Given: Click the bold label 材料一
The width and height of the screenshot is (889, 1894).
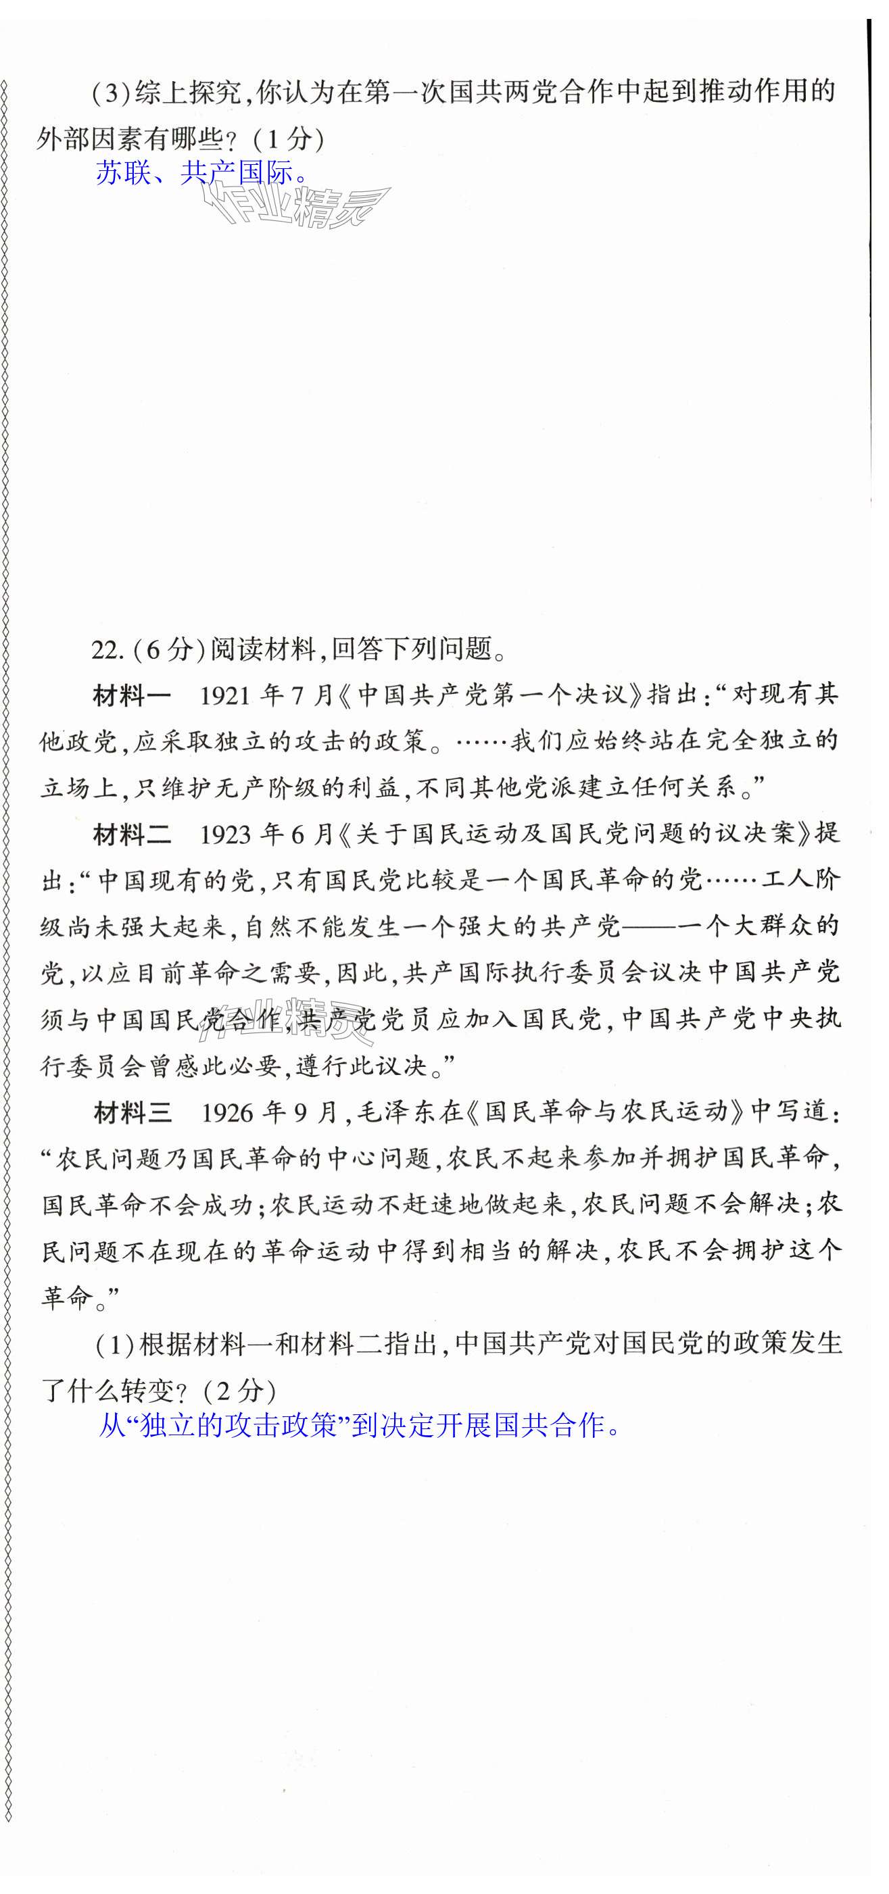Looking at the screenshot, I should tap(132, 695).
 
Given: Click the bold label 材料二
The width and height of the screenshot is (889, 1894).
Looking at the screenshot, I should tap(132, 834).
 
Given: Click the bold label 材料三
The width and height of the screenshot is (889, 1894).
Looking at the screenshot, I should tap(133, 1112).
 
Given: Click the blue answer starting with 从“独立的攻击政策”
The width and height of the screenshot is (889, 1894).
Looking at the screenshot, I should tap(360, 1426).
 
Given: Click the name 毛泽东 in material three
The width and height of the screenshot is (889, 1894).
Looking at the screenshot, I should tap(398, 1112).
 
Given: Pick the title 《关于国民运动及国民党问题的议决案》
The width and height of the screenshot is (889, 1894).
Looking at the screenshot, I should tap(574, 834).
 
